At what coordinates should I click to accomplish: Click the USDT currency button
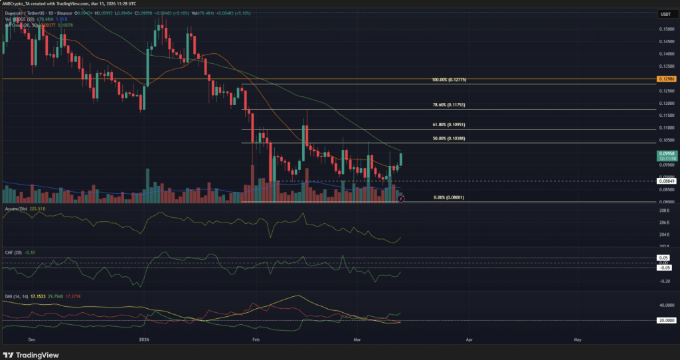pos(665,14)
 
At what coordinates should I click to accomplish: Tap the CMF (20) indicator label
pos(13,252)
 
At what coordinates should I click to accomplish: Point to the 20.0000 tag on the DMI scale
pos(665,320)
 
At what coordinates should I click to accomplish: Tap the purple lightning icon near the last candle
pos(400,198)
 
